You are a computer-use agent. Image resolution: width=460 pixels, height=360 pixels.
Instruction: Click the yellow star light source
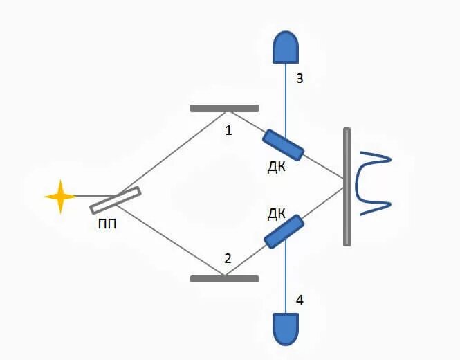click(60, 197)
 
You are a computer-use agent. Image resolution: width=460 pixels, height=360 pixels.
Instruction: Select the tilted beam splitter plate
click(116, 200)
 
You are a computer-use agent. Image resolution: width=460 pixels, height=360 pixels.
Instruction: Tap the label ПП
click(109, 224)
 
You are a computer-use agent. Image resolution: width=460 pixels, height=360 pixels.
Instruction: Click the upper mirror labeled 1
click(224, 108)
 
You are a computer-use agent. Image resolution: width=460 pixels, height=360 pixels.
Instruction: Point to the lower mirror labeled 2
click(224, 278)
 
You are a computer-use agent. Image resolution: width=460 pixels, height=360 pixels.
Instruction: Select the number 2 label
click(228, 259)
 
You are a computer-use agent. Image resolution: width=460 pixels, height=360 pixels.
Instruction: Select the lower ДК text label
click(276, 213)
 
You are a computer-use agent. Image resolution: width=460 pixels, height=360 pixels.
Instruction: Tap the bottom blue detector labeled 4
click(286, 329)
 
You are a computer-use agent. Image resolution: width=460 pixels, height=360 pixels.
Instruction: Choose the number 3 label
click(300, 78)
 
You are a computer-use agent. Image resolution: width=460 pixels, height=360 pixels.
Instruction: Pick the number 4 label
click(300, 300)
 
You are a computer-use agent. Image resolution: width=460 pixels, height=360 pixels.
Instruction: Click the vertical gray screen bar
click(347, 187)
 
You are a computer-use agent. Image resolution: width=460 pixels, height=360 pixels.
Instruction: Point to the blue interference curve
click(371, 183)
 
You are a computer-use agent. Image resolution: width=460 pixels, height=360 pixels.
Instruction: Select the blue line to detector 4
click(286, 277)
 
